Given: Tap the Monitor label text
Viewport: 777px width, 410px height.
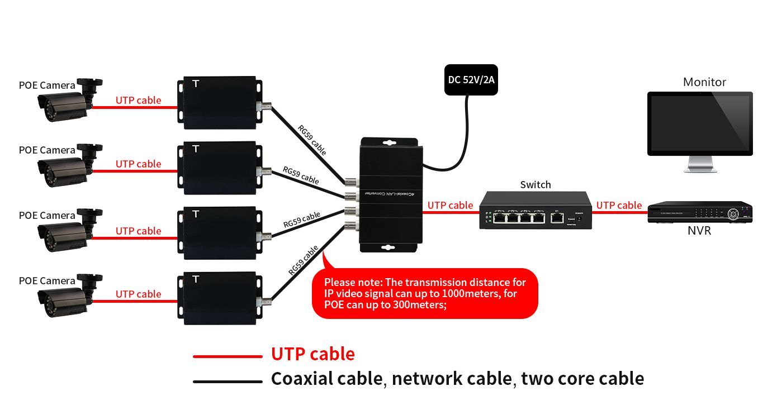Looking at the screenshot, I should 704,82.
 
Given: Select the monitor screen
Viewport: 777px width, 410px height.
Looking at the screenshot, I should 699,123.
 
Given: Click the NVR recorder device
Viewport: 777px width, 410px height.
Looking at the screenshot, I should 699,213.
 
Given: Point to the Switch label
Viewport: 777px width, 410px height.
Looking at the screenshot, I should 535,184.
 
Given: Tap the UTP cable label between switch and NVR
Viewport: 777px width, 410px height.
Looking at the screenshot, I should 619,205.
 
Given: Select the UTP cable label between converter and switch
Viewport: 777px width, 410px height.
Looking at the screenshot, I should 450,205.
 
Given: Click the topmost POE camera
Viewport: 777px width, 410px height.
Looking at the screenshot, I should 67,101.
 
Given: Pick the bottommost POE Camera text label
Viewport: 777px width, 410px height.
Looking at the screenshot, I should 47,280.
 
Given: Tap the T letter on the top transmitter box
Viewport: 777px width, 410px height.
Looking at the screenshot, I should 196,84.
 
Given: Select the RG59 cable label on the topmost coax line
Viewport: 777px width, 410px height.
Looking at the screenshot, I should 311,140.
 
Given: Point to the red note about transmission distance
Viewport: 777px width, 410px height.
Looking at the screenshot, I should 425,293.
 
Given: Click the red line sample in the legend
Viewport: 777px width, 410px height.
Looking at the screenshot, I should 227,356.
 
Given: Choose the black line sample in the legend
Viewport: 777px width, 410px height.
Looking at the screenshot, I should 227,382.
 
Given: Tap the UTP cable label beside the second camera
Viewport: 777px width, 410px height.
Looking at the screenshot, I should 138,164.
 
